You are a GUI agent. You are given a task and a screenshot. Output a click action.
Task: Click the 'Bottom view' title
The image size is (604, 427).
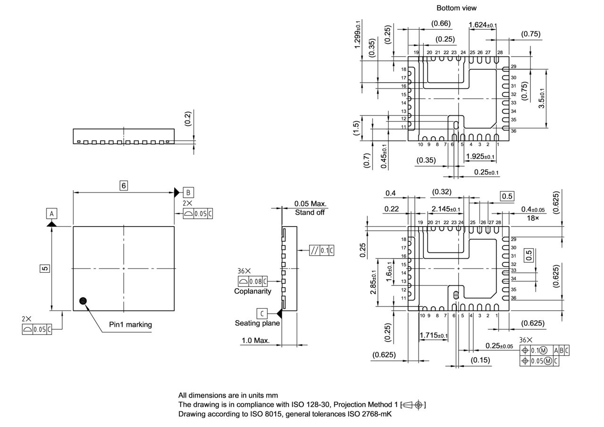pyautogui.click(x=456, y=8)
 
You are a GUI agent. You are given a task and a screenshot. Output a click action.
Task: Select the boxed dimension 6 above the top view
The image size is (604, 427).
pyautogui.click(x=124, y=185)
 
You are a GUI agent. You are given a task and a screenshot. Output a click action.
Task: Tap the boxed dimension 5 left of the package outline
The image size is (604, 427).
pyautogui.click(x=44, y=268)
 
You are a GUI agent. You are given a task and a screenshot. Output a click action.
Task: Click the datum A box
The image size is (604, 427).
pyautogui.click(x=52, y=214)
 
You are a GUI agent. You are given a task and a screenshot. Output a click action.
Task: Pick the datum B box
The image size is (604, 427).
pyautogui.click(x=188, y=192)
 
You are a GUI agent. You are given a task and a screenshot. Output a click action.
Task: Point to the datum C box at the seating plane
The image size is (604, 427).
pyautogui.click(x=262, y=313)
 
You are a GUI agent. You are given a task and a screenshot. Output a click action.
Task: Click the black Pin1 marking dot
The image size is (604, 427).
pyautogui.click(x=84, y=301)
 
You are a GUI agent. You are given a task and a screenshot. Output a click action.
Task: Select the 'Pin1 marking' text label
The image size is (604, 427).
pyautogui.click(x=131, y=325)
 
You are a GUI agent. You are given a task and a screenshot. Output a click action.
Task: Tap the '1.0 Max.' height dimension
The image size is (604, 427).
pyautogui.click(x=255, y=340)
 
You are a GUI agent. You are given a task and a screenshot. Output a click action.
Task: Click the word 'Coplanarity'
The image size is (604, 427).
pyautogui.click(x=252, y=291)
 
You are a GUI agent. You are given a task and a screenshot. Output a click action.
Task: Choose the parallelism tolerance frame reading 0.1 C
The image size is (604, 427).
pyautogui.click(x=321, y=251)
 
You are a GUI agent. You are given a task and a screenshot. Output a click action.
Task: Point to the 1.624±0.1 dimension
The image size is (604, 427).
pyautogui.click(x=483, y=25)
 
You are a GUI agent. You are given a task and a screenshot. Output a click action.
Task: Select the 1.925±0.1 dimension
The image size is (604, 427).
pyautogui.click(x=480, y=157)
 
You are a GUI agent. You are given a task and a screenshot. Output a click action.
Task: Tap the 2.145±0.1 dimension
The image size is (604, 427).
pyautogui.click(x=446, y=209)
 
